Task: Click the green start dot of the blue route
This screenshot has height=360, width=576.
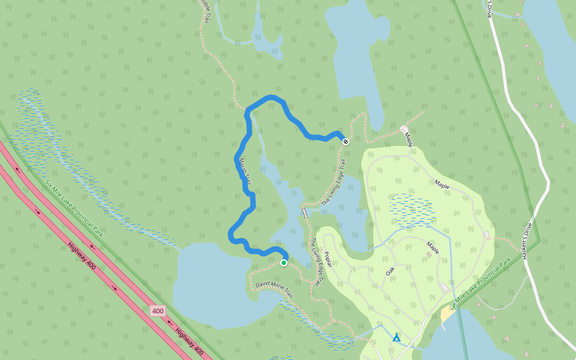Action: [x=284, y=262]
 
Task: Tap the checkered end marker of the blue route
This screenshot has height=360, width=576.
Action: [x=346, y=141]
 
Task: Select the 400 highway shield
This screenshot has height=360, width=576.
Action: [x=158, y=311]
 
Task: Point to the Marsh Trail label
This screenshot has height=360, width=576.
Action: [x=245, y=170]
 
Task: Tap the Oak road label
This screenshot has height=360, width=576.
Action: [x=391, y=272]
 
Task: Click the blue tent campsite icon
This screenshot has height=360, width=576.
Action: [x=396, y=338]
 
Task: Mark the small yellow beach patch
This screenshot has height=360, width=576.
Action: [x=448, y=314]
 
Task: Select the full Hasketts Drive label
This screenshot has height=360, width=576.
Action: [x=525, y=239]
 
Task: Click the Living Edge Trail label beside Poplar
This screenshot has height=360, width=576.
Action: [x=316, y=262]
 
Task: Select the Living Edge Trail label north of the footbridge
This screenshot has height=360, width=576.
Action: [x=334, y=184]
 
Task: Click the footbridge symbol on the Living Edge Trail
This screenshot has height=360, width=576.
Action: [x=305, y=212]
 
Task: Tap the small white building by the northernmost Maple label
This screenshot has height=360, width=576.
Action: [x=403, y=128]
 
